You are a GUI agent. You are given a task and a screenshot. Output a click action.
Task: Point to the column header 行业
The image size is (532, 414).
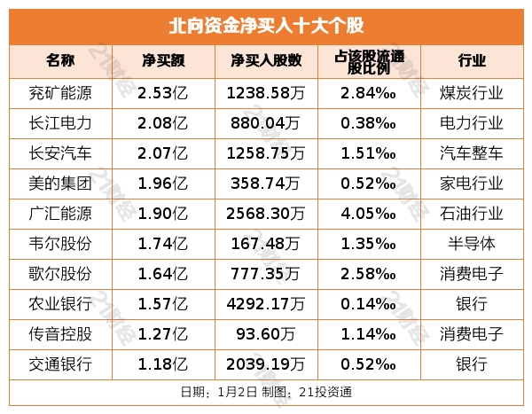[x=471, y=61]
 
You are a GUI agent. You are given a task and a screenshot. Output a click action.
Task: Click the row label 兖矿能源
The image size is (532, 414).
[x=60, y=91]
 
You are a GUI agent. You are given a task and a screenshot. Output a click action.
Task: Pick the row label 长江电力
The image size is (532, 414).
[x=60, y=122]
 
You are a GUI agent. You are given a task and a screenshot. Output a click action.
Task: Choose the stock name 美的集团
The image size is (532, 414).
[x=60, y=183]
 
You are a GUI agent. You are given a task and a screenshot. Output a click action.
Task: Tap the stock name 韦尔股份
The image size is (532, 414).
[x=60, y=243]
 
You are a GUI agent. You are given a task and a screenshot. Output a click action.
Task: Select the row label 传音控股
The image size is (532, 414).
[x=60, y=333]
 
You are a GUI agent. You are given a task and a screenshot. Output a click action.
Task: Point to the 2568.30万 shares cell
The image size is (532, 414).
[x=264, y=213]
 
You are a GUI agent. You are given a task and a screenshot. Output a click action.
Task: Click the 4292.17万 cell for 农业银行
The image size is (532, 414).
[x=264, y=303]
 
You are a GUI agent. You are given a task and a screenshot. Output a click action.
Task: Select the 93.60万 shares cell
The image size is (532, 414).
[x=264, y=333]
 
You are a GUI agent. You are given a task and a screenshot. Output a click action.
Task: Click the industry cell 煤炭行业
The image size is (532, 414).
[x=471, y=91]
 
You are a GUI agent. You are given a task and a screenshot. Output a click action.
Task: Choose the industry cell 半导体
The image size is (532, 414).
[x=471, y=243]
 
